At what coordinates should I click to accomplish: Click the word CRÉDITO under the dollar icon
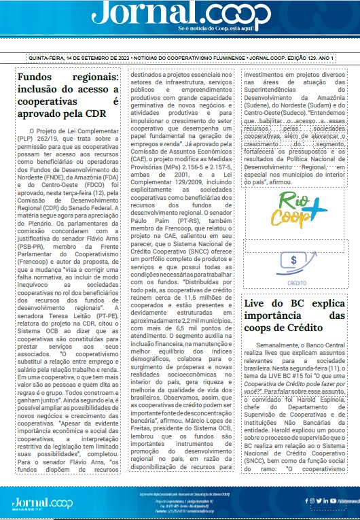point(293,281)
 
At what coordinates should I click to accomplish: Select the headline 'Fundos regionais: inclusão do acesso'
point(67,93)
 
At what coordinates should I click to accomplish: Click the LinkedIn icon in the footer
point(326,501)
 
